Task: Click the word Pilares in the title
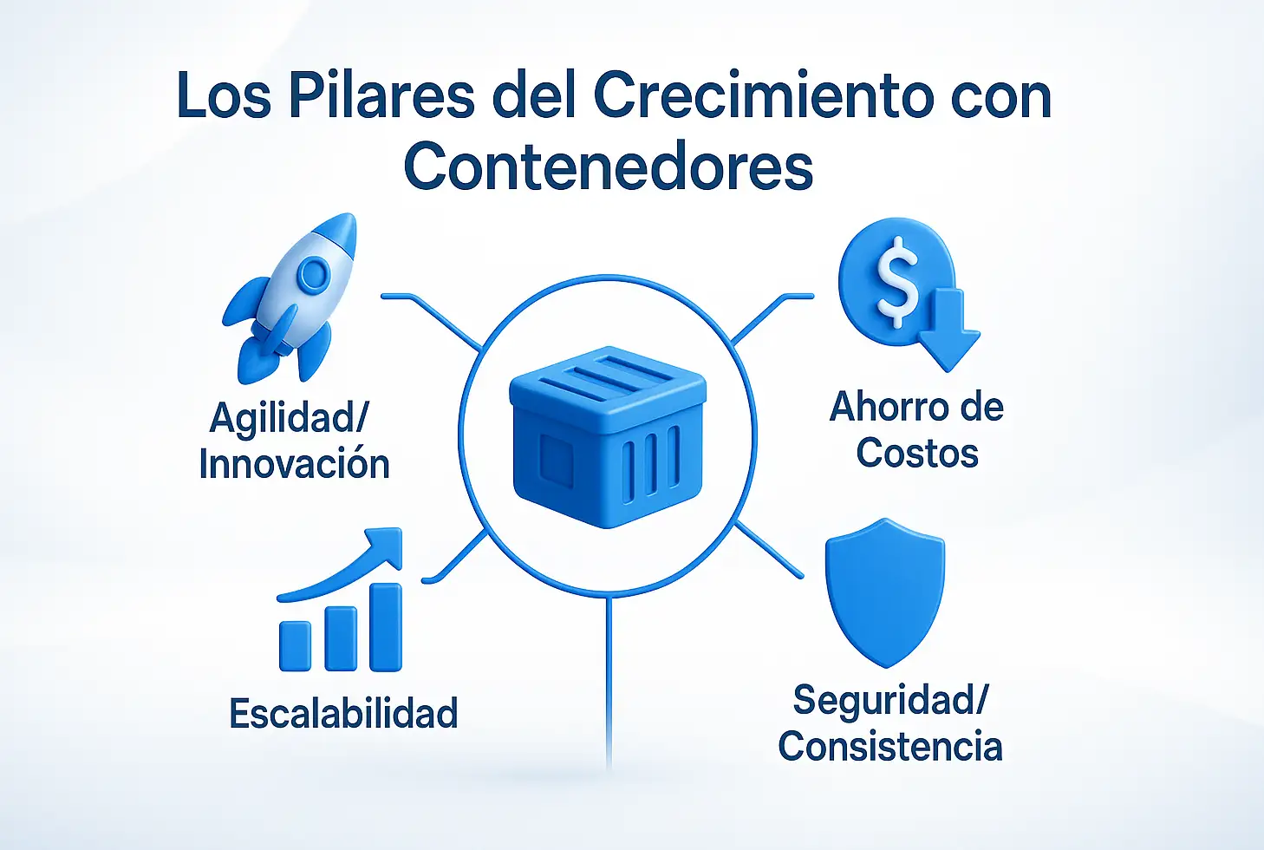tap(381, 95)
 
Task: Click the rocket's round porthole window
tap(313, 273)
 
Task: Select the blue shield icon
tap(885, 592)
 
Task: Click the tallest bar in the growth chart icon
tap(386, 627)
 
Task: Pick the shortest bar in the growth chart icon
tap(295, 645)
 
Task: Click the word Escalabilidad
tap(343, 714)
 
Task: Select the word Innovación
tap(294, 464)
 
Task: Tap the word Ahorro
tap(884, 407)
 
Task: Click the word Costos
tap(917, 453)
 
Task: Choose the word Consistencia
tap(890, 746)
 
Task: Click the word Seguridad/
tap(890, 701)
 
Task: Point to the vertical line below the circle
tap(609, 683)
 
